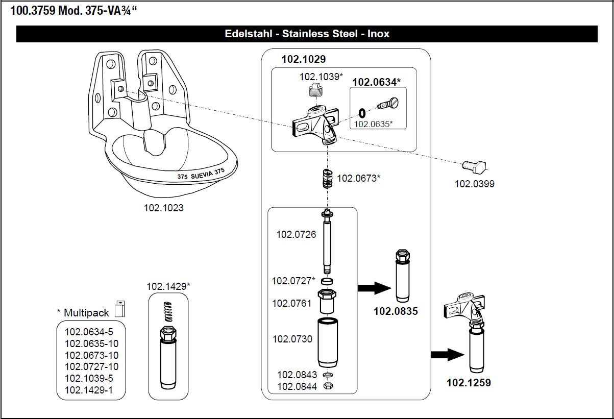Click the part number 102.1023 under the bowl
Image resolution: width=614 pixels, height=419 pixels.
(x=163, y=208)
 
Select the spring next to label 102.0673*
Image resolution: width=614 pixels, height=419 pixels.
(x=326, y=178)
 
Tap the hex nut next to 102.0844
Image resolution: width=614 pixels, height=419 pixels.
(x=329, y=386)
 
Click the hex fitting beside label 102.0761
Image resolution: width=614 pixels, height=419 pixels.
(x=327, y=302)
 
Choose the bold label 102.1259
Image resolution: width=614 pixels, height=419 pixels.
(x=469, y=382)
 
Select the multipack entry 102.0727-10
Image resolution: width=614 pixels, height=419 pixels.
(x=91, y=366)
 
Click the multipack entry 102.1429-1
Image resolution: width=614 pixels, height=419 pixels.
(x=89, y=390)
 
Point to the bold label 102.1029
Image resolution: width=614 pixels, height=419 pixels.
(x=303, y=59)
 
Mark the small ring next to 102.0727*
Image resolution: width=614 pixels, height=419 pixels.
(x=328, y=281)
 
